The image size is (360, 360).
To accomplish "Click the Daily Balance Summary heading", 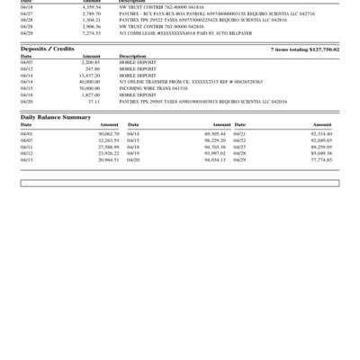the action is pos(56,117).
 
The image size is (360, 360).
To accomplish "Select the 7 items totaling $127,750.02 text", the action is pos(304,49).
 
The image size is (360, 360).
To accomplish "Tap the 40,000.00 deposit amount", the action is pos(89,81).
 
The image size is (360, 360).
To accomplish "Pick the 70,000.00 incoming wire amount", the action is pos(89,88).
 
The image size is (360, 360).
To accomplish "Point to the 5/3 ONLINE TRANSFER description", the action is pos(175,81).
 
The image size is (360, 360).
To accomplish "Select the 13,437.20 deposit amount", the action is pos(88,75).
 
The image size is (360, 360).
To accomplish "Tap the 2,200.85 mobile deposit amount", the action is pos(90,61).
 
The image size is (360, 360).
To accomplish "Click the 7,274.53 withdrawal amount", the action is pos(90,33).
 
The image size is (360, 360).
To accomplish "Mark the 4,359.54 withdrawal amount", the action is pos(90,7).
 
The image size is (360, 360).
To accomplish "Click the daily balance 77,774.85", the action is pos(320,159).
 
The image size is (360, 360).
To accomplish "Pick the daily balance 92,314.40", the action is pos(320,133).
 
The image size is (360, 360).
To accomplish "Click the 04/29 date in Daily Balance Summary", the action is pos(239,159).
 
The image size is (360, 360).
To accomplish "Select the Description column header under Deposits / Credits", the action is pos(131,55).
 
